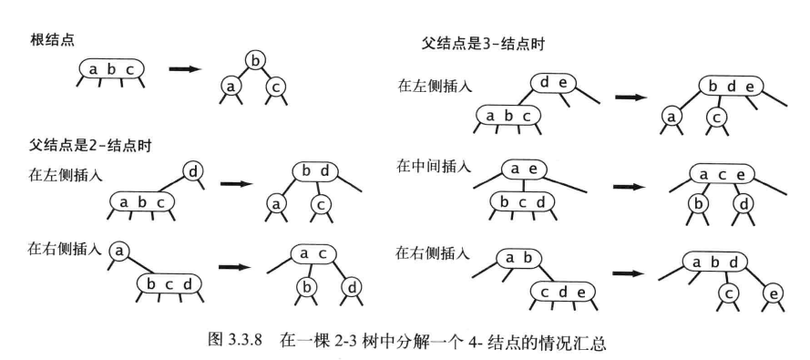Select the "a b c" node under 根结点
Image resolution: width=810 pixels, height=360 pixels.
109,68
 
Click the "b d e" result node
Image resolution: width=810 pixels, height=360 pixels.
730,87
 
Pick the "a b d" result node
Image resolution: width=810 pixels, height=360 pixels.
715,262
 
